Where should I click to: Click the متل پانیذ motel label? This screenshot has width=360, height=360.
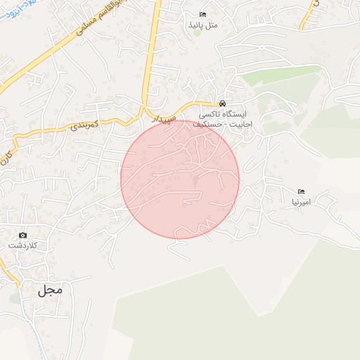point(204,25)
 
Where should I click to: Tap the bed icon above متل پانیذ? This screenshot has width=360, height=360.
point(203,14)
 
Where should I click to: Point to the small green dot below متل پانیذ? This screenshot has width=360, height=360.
point(197,32)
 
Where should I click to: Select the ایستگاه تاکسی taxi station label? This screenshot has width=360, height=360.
point(221,114)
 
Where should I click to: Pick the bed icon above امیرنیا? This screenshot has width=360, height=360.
point(301,191)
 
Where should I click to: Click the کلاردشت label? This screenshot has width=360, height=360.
point(22,245)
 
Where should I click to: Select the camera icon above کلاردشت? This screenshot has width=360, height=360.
point(22,235)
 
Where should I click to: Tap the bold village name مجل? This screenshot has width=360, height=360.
point(51,289)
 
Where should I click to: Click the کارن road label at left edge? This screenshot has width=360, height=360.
point(8,148)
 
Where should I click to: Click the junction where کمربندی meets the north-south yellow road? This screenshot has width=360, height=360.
point(146,112)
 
